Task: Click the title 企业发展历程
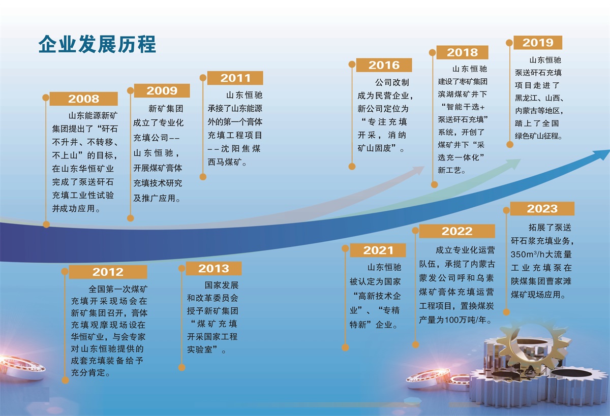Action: pos(97,44)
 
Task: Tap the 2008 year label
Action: pos(83,99)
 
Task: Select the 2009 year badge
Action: pos(162,90)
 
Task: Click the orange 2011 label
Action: pos(235,78)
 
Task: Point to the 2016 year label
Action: pos(384,65)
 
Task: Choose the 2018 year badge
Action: pos(463,52)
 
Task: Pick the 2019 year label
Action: pos(538,43)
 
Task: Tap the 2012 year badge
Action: pos(108,272)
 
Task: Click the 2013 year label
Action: pos(214,269)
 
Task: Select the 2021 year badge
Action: pos(378,250)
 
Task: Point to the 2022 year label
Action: pos(457,231)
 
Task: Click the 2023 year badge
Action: pos(542,209)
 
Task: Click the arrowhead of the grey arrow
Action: pos(417,170)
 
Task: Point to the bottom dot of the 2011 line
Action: pos(203,177)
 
